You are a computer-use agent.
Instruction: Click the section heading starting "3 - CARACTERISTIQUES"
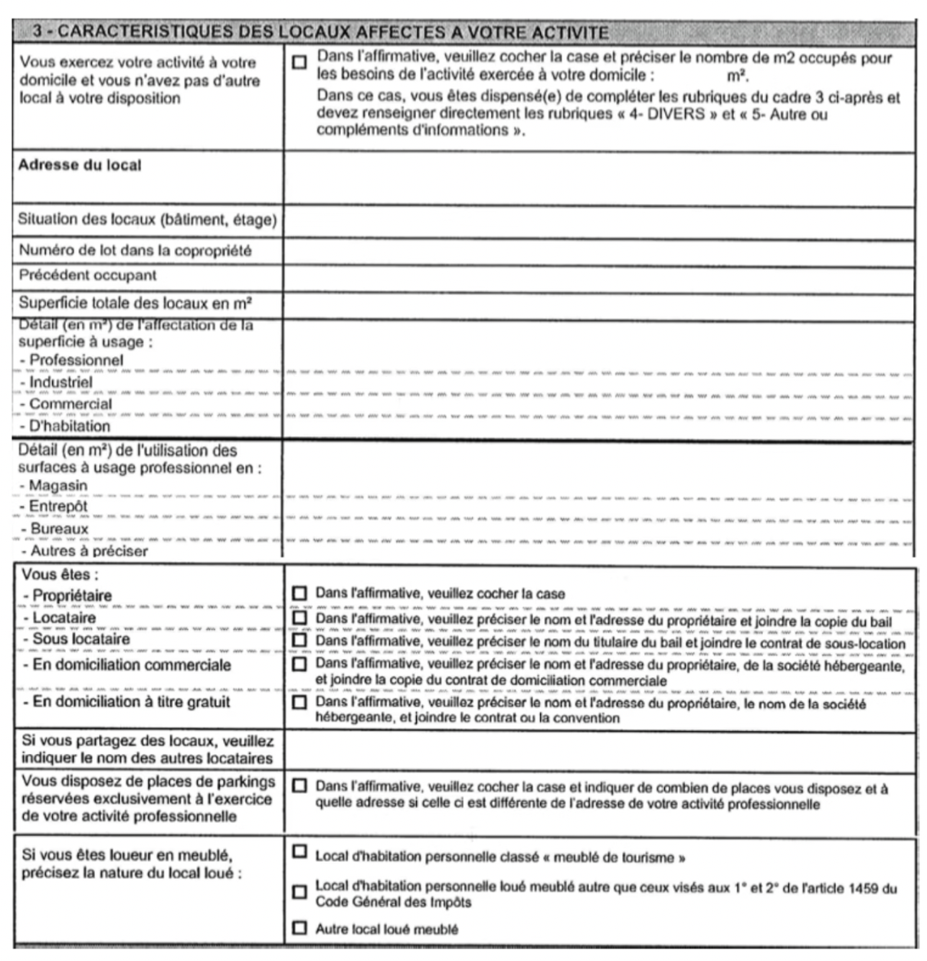[x=322, y=31]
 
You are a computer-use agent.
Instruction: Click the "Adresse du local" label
[x=80, y=165]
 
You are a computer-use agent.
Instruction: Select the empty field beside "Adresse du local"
[x=598, y=179]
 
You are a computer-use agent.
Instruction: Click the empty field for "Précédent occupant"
[x=598, y=277]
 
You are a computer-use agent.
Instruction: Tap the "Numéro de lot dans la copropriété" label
[x=135, y=251]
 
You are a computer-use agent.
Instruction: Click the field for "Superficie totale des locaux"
[x=598, y=304]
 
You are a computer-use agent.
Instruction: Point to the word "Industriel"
[x=61, y=382]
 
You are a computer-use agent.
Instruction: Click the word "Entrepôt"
[x=58, y=507]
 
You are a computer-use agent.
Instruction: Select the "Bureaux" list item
[x=59, y=529]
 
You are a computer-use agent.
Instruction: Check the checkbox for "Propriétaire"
[x=300, y=593]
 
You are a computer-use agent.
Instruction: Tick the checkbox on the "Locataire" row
[x=300, y=618]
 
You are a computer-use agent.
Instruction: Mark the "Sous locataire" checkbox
[x=300, y=641]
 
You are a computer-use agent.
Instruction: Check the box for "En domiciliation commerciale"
[x=300, y=664]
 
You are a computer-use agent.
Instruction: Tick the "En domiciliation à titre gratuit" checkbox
[x=300, y=702]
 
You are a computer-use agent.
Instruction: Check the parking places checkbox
[x=300, y=786]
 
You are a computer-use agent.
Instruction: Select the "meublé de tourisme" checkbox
[x=300, y=852]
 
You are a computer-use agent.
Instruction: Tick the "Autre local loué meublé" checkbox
[x=300, y=929]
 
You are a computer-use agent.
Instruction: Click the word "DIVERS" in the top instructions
[x=679, y=115]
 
